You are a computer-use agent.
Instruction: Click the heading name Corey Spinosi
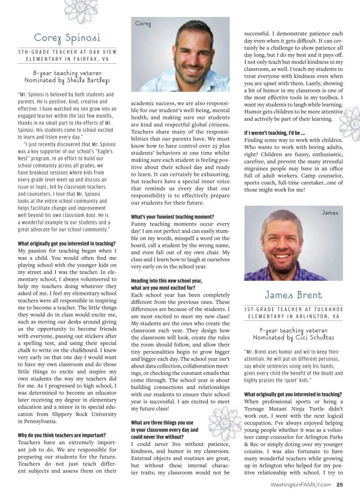pos(68,38)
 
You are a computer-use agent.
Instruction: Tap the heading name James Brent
pos(294,295)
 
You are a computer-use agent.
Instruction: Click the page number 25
pos(340,484)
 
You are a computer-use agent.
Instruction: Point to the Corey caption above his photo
pos(143,24)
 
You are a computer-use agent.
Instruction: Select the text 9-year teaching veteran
pos(294,330)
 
